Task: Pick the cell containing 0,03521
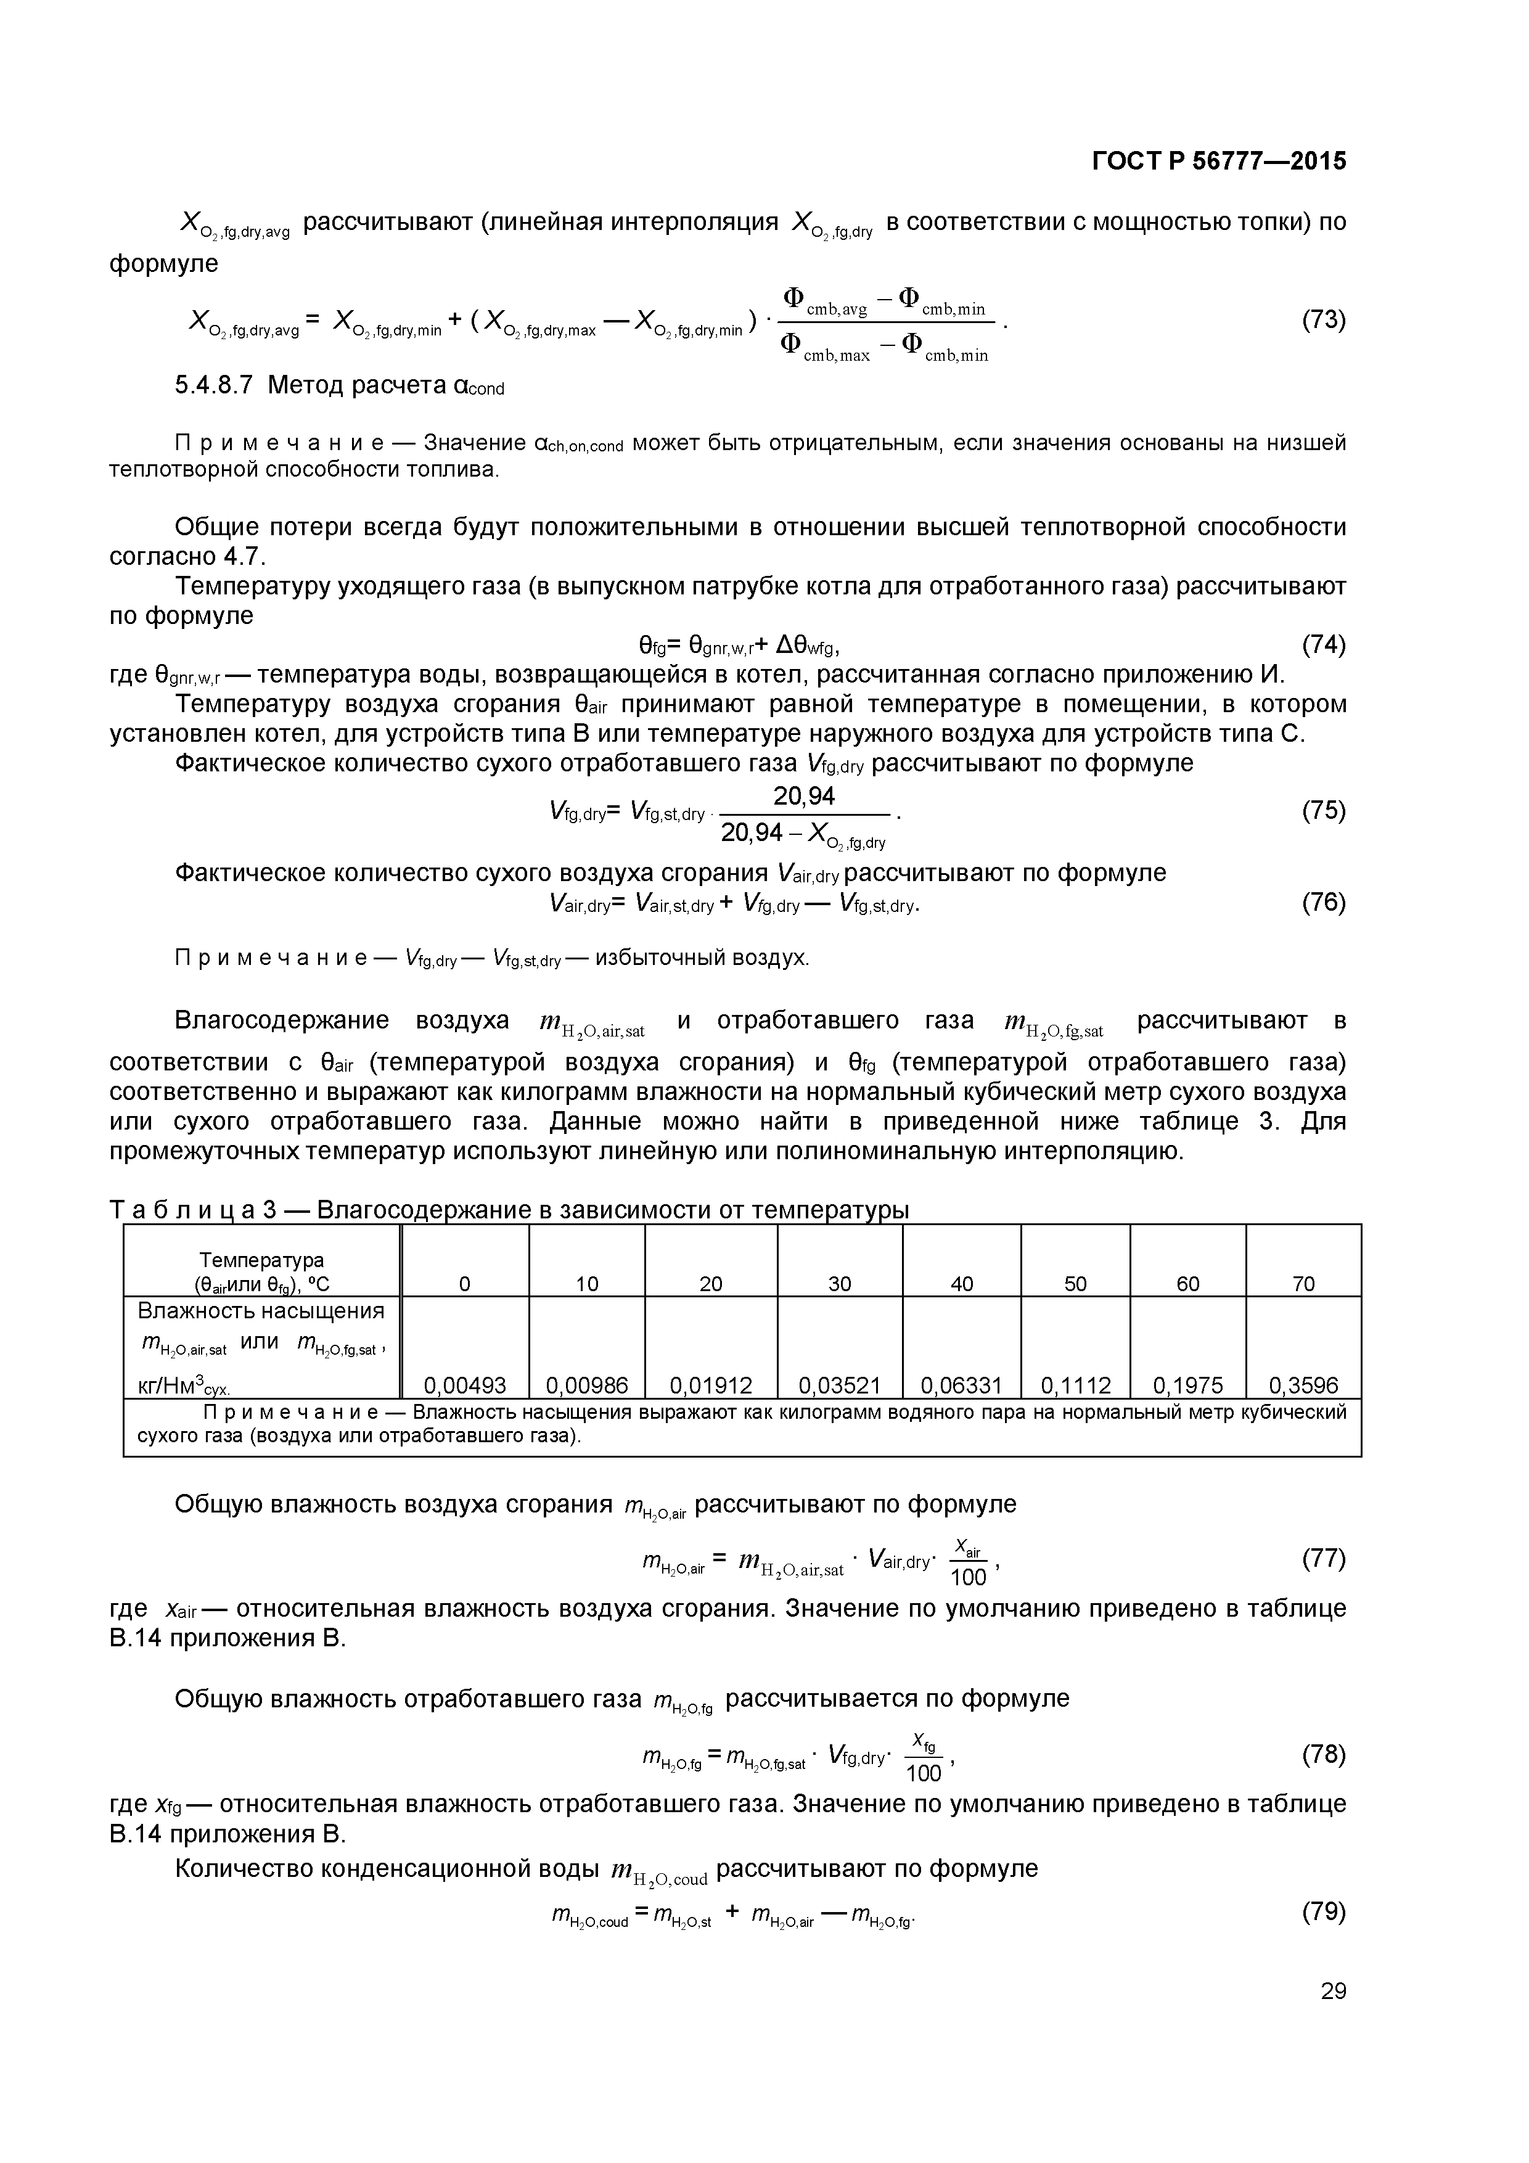[838, 1385]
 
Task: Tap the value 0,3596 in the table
[1302, 1385]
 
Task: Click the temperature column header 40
[961, 1284]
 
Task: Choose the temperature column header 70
[1302, 1284]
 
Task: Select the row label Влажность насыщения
[261, 1311]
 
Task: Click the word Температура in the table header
[261, 1260]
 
